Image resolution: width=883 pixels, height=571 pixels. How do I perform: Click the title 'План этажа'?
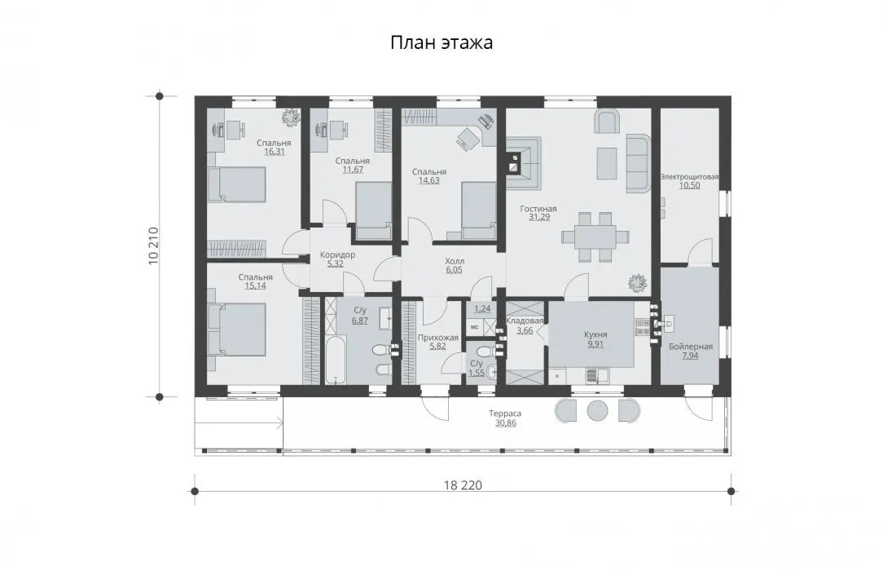pyautogui.click(x=441, y=43)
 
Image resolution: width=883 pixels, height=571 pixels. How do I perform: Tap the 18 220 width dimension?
pyautogui.click(x=463, y=485)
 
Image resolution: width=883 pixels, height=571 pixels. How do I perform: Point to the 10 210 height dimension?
pyautogui.click(x=153, y=246)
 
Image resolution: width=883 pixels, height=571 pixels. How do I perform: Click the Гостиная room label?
pyautogui.click(x=538, y=209)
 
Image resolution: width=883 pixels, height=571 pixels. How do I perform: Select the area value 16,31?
pyautogui.click(x=274, y=152)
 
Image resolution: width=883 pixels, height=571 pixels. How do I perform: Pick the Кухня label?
pyautogui.click(x=595, y=334)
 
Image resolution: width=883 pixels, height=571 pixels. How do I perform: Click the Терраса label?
pyautogui.click(x=505, y=414)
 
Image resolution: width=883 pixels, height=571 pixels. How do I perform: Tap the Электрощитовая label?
pyautogui.click(x=689, y=177)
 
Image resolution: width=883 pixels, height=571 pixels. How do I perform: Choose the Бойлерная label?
pyautogui.click(x=691, y=347)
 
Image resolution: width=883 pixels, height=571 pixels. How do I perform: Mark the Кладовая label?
pyautogui.click(x=525, y=321)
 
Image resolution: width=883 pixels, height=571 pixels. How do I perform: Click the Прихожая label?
pyautogui.click(x=437, y=338)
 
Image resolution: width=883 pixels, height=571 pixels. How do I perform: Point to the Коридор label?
pyautogui.click(x=337, y=255)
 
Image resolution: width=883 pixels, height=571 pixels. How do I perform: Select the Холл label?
pyautogui.click(x=455, y=262)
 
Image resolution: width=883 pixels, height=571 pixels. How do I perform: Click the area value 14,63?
pyautogui.click(x=428, y=181)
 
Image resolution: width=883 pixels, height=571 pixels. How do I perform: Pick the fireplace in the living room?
pyautogui.click(x=523, y=162)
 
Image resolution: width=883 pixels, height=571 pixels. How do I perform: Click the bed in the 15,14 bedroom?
pyautogui.click(x=236, y=330)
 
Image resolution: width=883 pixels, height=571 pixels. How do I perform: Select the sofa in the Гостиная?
pyautogui.click(x=638, y=162)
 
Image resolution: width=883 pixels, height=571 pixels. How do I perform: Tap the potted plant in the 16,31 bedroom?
pyautogui.click(x=291, y=117)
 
